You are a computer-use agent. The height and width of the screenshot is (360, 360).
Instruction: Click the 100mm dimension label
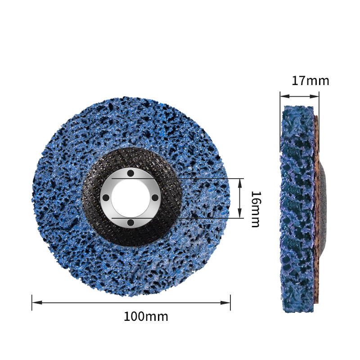tap(146, 317)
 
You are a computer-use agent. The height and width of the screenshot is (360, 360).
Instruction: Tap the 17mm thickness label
tap(310, 81)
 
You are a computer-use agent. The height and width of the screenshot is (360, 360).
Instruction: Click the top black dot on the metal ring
tap(130, 173)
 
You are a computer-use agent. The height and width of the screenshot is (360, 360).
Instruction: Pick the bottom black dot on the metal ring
tap(130, 222)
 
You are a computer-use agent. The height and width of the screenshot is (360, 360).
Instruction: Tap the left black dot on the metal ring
tap(106, 198)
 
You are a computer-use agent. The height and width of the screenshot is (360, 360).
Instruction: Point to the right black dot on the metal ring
tap(155, 198)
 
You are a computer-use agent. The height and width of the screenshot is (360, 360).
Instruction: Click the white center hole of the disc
tap(130, 198)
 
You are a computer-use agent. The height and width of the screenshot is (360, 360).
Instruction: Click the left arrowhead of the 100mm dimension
tap(37, 302)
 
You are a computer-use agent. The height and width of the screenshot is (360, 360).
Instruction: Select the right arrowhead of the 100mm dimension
tap(225, 302)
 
